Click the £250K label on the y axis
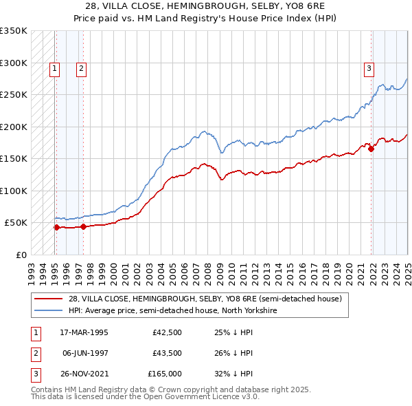pyautogui.click(x=14, y=94)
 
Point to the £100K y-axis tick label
pyautogui.click(x=14, y=191)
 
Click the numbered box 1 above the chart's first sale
pyautogui.click(x=54, y=68)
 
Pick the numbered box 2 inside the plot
pyautogui.click(x=81, y=68)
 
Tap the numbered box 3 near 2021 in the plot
pyautogui.click(x=369, y=68)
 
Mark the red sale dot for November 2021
pyautogui.click(x=371, y=149)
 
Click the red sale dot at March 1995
pyautogui.click(x=56, y=227)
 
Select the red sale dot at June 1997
pyautogui.click(x=83, y=226)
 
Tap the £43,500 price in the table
pyautogui.click(x=167, y=353)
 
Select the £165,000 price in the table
pyautogui.click(x=165, y=374)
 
